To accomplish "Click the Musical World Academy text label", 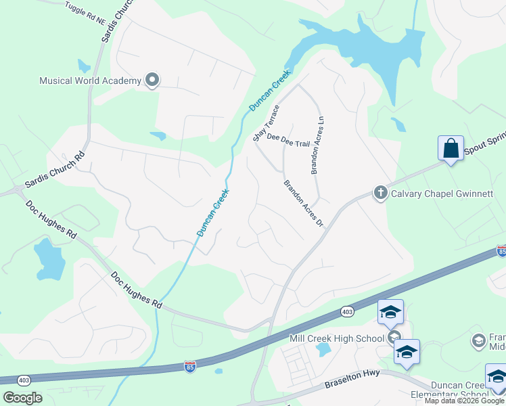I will point(90,81).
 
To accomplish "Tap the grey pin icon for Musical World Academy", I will point(152,81).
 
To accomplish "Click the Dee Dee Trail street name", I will point(287,140).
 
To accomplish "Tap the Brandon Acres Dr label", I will point(304,203).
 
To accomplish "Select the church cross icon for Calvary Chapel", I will point(380,193).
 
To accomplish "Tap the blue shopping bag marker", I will point(451,148).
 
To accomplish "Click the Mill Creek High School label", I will point(337,338).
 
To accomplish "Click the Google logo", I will point(22,397).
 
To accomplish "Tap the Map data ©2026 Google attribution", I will point(465,401).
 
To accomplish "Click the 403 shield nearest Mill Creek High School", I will point(347,311).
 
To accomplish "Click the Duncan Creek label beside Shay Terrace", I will point(269,90).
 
